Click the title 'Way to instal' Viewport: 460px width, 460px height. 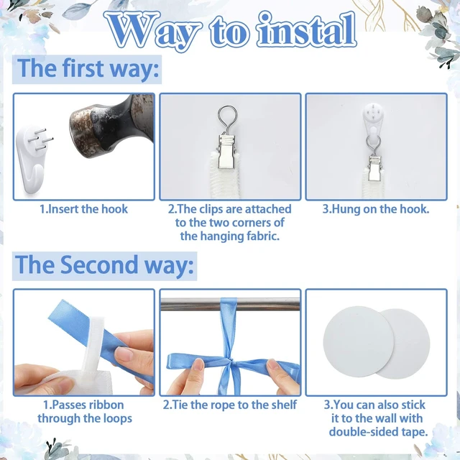point(230,31)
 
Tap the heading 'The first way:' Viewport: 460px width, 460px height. point(88,69)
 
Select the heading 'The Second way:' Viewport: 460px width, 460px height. point(104,265)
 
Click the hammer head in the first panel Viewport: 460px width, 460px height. point(111,124)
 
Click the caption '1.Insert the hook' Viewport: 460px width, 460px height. point(84,209)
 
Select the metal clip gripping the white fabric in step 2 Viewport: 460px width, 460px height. point(228,152)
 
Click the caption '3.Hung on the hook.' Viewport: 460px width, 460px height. point(376,209)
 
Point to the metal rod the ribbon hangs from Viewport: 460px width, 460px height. point(230,304)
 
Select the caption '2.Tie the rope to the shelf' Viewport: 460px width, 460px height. point(230,405)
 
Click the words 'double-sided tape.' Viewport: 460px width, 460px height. point(378,432)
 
